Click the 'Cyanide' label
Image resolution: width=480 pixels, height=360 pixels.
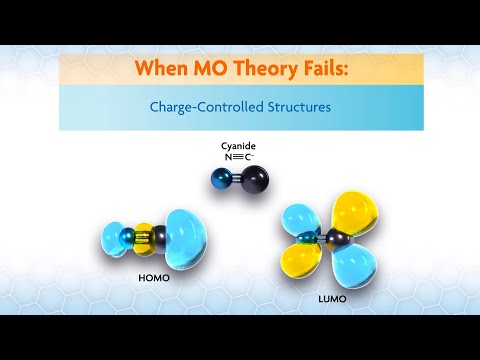(x=239, y=146)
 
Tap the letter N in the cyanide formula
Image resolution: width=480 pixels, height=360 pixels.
(x=229, y=157)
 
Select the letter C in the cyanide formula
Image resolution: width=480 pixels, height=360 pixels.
(x=249, y=157)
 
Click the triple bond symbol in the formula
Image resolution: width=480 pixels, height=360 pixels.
(x=239, y=157)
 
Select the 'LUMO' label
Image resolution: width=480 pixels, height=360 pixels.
(x=330, y=297)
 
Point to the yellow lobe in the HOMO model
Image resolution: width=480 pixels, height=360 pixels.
(x=144, y=237)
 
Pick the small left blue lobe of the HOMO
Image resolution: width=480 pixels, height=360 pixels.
(x=113, y=239)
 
